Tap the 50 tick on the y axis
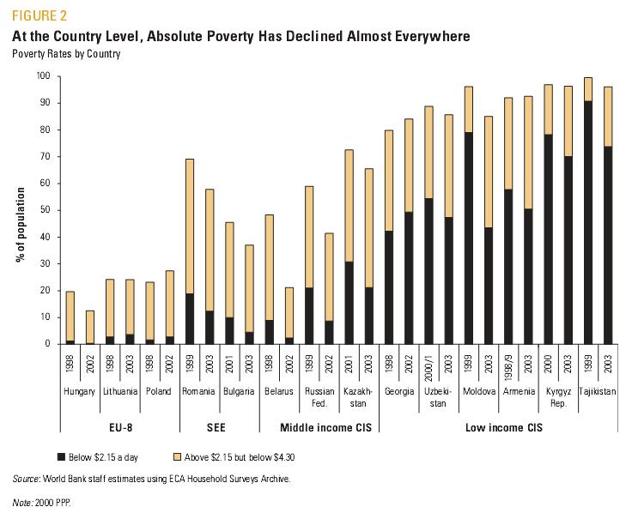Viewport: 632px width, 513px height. click(46, 210)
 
